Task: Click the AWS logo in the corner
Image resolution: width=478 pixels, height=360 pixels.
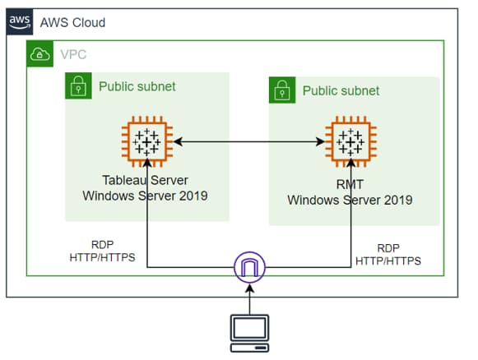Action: coord(20,22)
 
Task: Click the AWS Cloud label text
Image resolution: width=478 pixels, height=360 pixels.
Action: coord(72,22)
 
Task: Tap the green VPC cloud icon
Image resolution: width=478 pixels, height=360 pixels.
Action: coord(40,53)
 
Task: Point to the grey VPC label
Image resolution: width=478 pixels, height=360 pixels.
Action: coord(73,54)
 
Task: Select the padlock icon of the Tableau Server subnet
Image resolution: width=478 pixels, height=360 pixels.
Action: coord(78,85)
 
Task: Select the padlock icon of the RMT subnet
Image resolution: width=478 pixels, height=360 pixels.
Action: coord(282,90)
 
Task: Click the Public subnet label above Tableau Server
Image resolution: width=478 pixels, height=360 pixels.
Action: coord(137,86)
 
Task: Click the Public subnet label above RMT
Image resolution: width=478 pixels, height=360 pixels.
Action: coord(341,90)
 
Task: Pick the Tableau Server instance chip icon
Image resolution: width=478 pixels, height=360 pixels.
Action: coord(147,141)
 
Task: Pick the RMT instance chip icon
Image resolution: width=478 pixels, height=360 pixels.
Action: coord(350,141)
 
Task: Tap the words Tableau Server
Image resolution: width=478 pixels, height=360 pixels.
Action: coord(145,180)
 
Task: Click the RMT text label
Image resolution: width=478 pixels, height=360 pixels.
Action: coord(350,184)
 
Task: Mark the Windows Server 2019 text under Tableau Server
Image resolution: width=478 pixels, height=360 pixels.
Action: coord(145,196)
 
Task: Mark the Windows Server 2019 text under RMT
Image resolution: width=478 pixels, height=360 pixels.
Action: coord(350,200)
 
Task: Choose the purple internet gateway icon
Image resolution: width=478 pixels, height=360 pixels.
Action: coord(249,267)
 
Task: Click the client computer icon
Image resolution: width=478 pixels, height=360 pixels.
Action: coord(249,334)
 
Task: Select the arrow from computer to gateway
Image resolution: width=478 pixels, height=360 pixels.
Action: coord(249,299)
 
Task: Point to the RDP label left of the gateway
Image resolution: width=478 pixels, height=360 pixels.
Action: coord(102,245)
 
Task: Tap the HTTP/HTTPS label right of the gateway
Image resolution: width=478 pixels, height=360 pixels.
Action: coord(388,261)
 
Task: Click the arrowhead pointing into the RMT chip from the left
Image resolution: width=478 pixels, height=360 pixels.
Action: coord(321,141)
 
